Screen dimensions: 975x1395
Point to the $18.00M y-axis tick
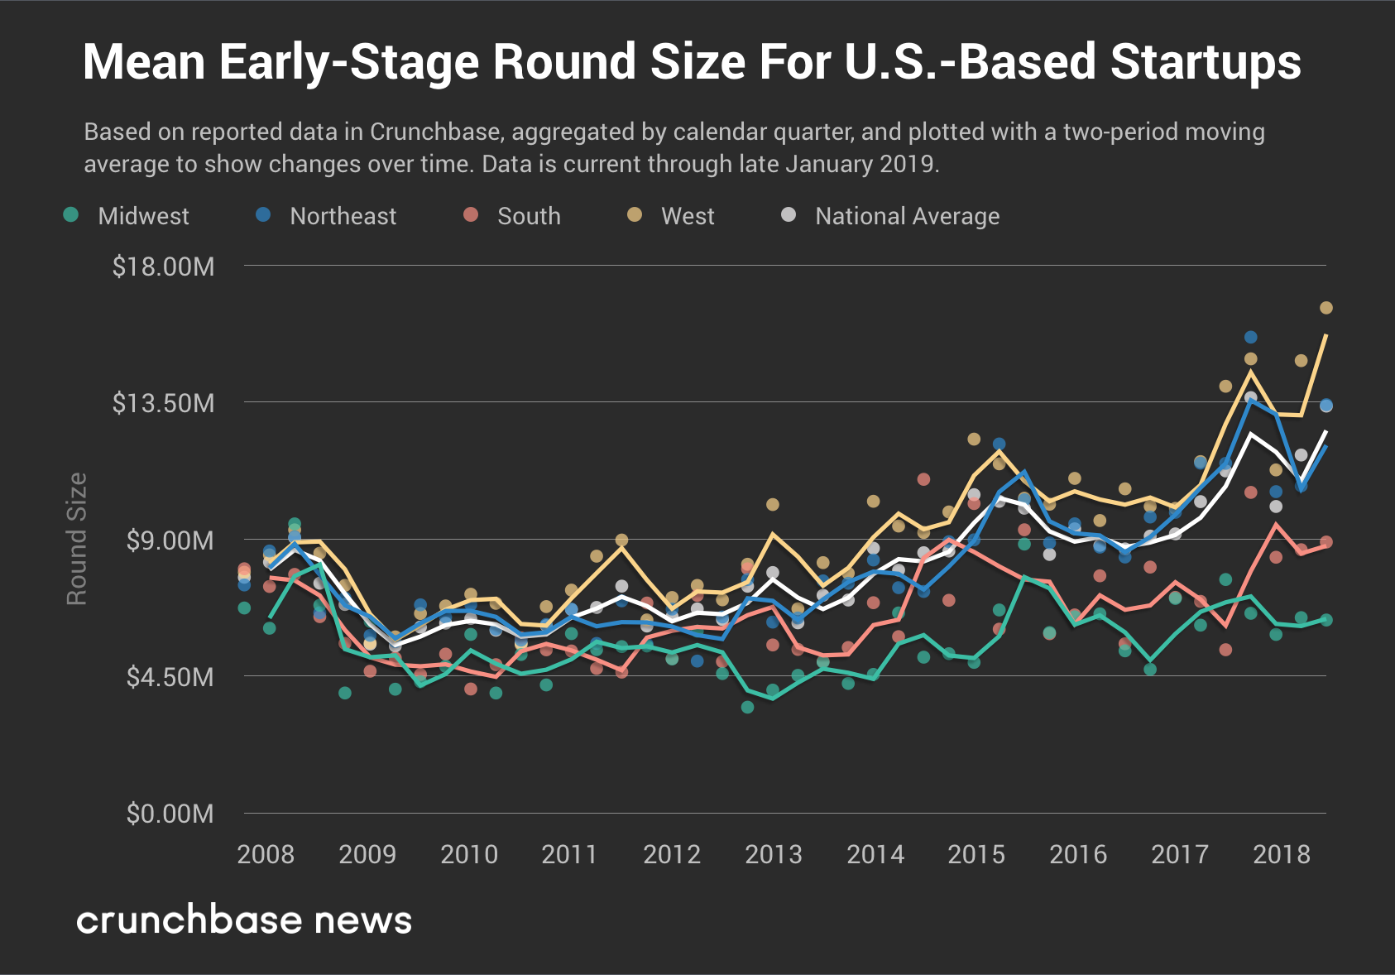pyautogui.click(x=164, y=267)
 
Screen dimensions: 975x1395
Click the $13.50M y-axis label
pyautogui.click(x=164, y=403)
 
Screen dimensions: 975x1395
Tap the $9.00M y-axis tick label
pyautogui.click(x=170, y=540)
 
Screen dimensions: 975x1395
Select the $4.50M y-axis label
pyautogui.click(x=170, y=677)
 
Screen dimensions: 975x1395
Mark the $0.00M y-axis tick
pyautogui.click(x=170, y=814)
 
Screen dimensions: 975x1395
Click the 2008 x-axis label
pyautogui.click(x=266, y=854)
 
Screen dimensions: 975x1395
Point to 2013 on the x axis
pyautogui.click(x=774, y=854)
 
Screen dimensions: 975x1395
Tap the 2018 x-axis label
pyautogui.click(x=1282, y=854)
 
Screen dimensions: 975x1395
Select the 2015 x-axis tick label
pyautogui.click(x=976, y=854)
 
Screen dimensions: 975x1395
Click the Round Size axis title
pyautogui.click(x=77, y=539)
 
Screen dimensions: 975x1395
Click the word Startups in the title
pyautogui.click(x=1206, y=62)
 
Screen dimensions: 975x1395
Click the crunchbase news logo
pyautogui.click(x=244, y=920)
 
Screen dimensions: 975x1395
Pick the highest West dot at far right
pyautogui.click(x=1325, y=308)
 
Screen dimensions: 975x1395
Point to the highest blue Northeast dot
pyautogui.click(x=1250, y=337)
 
